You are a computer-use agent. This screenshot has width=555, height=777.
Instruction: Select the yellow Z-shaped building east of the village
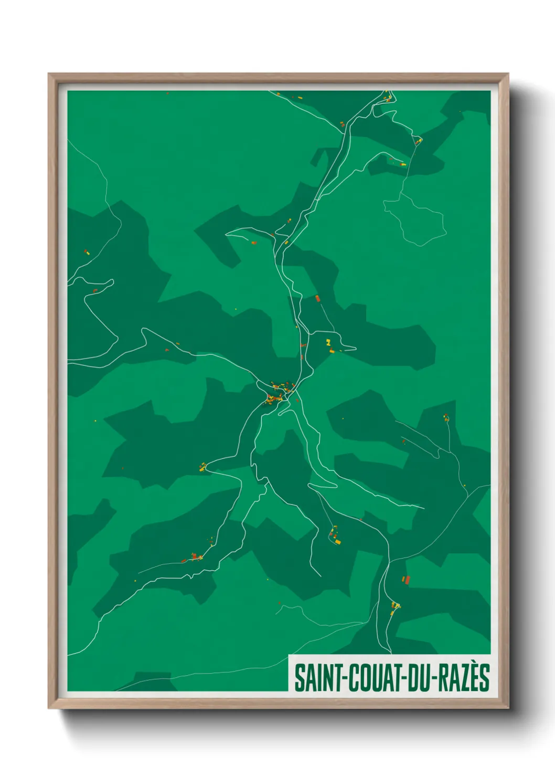pos(329,342)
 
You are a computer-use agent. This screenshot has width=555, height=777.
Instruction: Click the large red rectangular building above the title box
pos(406,580)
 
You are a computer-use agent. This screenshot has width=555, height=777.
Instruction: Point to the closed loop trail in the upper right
pos(415,218)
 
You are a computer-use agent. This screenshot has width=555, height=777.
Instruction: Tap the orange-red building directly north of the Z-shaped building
pos(317,298)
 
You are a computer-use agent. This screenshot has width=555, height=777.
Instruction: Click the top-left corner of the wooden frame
pos(49,74)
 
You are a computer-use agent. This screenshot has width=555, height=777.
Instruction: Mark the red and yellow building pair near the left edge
pos(87,253)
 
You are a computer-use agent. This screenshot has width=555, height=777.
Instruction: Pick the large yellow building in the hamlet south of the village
pos(338,541)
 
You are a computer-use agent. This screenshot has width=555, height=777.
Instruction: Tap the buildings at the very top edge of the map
pos(388,96)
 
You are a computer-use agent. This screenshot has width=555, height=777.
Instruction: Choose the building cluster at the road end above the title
pos(395,607)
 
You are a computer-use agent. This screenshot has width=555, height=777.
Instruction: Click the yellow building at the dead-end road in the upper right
pos(403,164)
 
